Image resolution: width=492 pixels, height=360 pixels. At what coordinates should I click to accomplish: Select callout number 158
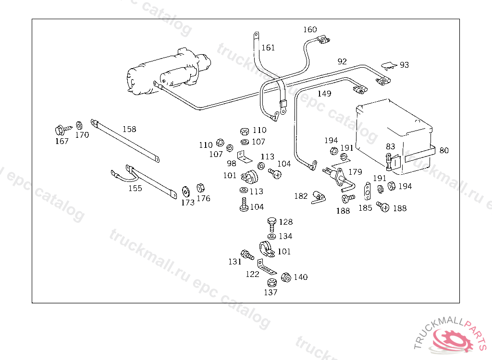(x=129, y=129)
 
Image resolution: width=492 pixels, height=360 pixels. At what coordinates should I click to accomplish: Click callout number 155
(x=135, y=188)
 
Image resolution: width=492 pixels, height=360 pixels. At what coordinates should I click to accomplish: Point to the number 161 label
(x=268, y=48)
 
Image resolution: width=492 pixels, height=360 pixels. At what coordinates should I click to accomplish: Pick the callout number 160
(x=310, y=30)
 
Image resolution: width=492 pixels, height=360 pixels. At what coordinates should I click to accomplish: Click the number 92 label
(x=342, y=61)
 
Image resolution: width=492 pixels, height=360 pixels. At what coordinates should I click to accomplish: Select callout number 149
(x=324, y=94)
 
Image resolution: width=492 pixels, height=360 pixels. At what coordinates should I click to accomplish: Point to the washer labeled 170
(x=80, y=126)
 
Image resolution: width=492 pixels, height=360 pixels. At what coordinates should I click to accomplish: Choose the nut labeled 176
(x=201, y=187)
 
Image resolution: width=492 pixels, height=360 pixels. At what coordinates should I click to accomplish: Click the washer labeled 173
(x=185, y=191)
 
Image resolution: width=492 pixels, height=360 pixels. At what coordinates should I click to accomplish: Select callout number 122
(x=252, y=274)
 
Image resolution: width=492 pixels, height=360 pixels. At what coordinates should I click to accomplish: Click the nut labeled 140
(x=285, y=277)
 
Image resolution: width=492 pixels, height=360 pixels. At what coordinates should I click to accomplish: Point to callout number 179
(x=355, y=171)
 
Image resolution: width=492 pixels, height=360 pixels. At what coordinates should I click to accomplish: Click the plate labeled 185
(x=368, y=191)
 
